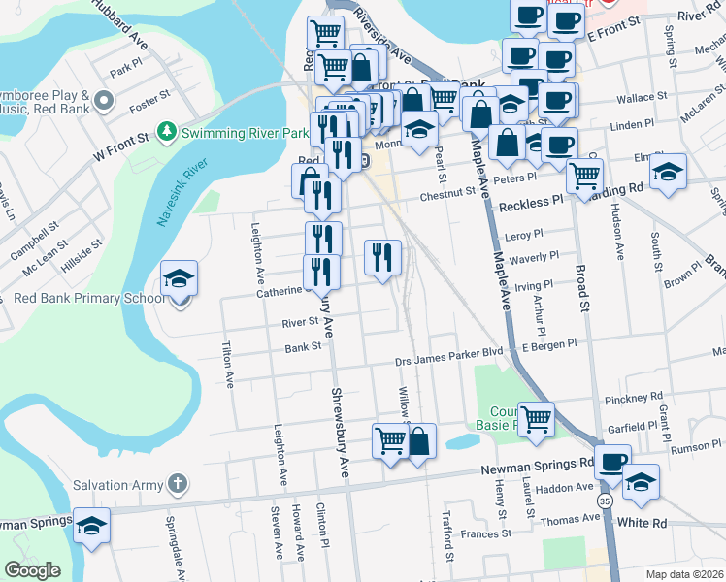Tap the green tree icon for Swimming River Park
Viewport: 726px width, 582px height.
pyautogui.click(x=169, y=130)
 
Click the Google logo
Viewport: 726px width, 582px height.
pyautogui.click(x=32, y=570)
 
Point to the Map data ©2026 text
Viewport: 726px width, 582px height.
pyautogui.click(x=683, y=574)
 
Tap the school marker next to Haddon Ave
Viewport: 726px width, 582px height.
pyautogui.click(x=641, y=481)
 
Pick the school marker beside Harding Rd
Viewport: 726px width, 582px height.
pyautogui.click(x=667, y=172)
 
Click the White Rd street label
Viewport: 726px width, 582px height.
pyautogui.click(x=647, y=523)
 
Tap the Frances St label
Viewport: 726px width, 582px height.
pyautogui.click(x=486, y=533)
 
